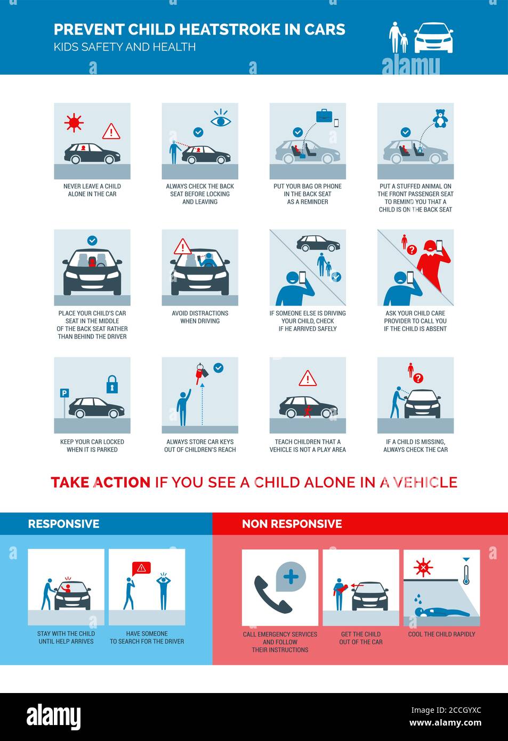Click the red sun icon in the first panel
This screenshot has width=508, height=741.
pos(74,123)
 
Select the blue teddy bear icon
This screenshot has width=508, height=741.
pos(440,119)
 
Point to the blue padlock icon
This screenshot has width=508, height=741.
pos(112,384)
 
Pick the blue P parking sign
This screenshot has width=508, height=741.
pos(64,393)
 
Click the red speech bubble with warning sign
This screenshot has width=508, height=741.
pos(141,568)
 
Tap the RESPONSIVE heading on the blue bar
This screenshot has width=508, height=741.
pos(63,523)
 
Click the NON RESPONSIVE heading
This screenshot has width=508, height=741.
pos(292,523)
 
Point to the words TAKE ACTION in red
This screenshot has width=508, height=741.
pos(100,482)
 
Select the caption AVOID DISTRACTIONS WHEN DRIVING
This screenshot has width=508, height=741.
pos(200,317)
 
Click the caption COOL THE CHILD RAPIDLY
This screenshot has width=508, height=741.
pos(441,634)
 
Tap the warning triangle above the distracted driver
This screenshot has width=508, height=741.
pos(182,247)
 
